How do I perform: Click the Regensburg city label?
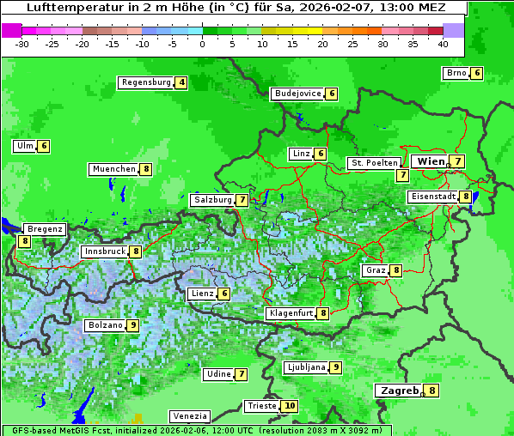pyautogui.click(x=145, y=82)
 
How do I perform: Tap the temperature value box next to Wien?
pyautogui.click(x=459, y=161)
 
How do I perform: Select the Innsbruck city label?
pyautogui.click(x=104, y=251)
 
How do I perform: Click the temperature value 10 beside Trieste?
pyautogui.click(x=290, y=406)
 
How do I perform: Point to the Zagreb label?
pyautogui.click(x=399, y=391)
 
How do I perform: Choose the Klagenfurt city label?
pyautogui.click(x=291, y=313)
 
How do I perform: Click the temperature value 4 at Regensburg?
pyautogui.click(x=181, y=83)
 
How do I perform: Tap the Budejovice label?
pyautogui.click(x=297, y=94)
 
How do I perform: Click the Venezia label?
pyautogui.click(x=189, y=416)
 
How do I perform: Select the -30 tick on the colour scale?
pyautogui.click(x=23, y=43)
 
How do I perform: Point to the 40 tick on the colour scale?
pyautogui.click(x=443, y=43)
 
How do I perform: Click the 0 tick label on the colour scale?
pyautogui.click(x=203, y=43)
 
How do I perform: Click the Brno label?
pyautogui.click(x=456, y=73)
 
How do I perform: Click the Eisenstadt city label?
pyautogui.click(x=432, y=197)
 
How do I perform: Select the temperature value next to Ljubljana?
pyautogui.click(x=336, y=367)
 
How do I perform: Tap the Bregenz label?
pyautogui.click(x=45, y=229)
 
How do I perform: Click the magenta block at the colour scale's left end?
pyautogui.click(x=11, y=30)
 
